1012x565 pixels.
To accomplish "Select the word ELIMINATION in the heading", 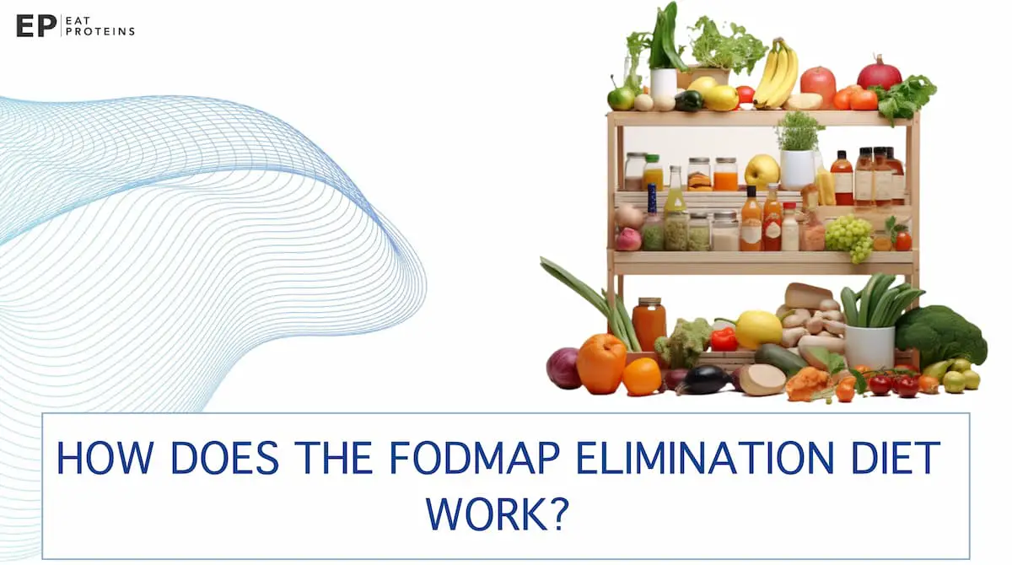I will coord(686,459).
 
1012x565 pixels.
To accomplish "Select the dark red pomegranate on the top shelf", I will coord(879,73).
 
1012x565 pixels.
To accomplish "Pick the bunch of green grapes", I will coord(848,235).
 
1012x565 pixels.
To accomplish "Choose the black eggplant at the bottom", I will coord(702,380).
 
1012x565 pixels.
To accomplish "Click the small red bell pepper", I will coord(724,339).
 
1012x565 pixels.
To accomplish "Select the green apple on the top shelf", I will coord(621,98).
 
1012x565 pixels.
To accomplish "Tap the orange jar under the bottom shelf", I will coord(649,323).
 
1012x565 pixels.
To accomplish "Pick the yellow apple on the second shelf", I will coord(762,172).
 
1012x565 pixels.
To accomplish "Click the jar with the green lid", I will coord(652,172).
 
